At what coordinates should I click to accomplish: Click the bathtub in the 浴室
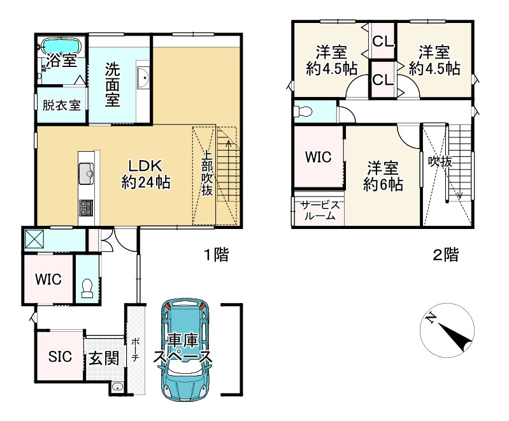pyautogui.click(x=61, y=46)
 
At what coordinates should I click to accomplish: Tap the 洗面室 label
pyautogui.click(x=112, y=85)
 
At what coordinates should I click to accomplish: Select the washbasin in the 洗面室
pyautogui.click(x=143, y=77)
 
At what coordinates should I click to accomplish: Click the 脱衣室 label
pyautogui.click(x=61, y=105)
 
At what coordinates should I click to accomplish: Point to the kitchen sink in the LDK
pyautogui.click(x=86, y=174)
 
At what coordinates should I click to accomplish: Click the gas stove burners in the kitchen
pyautogui.click(x=86, y=208)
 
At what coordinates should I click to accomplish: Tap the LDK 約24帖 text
pyautogui.click(x=146, y=174)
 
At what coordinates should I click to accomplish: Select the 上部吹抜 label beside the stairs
pyautogui.click(x=207, y=173)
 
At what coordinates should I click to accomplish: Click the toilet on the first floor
pyautogui.click(x=87, y=288)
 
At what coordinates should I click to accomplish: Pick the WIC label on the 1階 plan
pyautogui.click(x=48, y=279)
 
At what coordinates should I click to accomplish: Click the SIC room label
pyautogui.click(x=60, y=357)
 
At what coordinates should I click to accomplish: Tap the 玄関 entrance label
pyautogui.click(x=104, y=359)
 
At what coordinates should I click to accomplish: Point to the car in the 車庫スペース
pyautogui.click(x=185, y=350)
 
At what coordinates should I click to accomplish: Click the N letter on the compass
pyautogui.click(x=431, y=317)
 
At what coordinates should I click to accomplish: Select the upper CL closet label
pyautogui.click(x=383, y=41)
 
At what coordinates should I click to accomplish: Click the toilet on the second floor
pyautogui.click(x=302, y=112)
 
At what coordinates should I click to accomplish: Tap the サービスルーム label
pyautogui.click(x=320, y=211)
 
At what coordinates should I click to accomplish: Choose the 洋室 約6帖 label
pyautogui.click(x=383, y=175)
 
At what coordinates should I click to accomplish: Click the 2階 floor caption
pyautogui.click(x=446, y=255)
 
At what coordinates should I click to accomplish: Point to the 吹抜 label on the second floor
pyautogui.click(x=440, y=161)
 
